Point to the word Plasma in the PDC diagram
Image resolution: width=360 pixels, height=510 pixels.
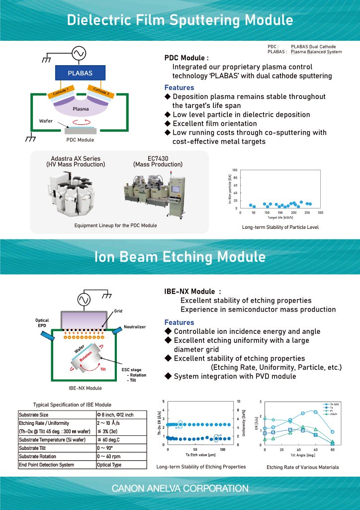(81, 108)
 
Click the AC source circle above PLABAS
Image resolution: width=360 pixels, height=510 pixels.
(80, 52)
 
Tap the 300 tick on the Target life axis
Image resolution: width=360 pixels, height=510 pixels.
(320, 212)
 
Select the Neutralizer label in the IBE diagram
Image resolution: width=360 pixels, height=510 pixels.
(134, 327)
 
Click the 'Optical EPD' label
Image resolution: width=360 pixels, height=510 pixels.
(42, 323)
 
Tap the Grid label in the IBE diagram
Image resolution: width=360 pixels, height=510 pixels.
(118, 310)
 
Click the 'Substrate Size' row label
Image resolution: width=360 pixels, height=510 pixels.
(33, 414)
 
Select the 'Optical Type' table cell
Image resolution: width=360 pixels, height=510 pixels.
(109, 465)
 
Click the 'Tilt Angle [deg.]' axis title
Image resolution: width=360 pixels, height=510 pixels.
(303, 455)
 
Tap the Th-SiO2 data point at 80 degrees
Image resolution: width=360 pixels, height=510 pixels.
(332, 432)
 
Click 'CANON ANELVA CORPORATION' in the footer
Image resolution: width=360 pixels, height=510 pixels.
(180, 489)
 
